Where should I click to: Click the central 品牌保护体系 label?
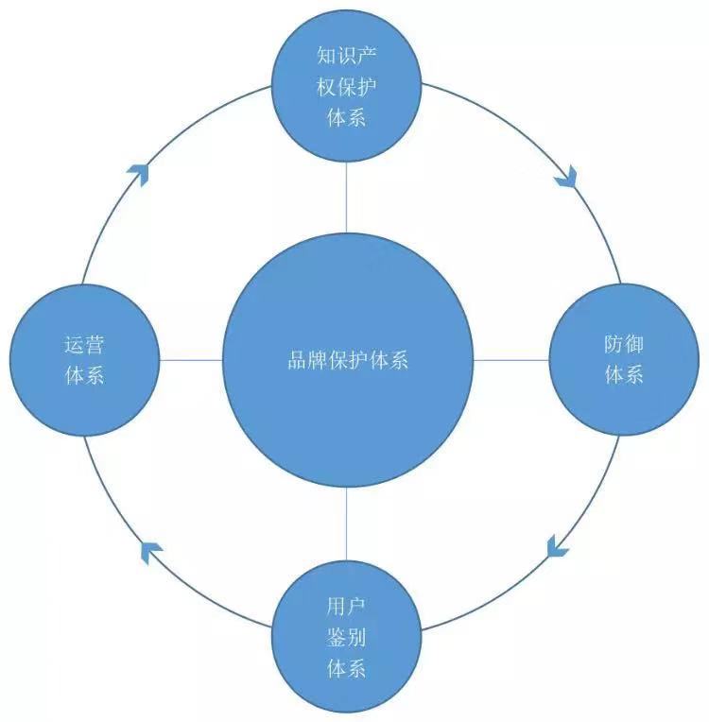347,360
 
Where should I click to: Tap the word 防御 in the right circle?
623,344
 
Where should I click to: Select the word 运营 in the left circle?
83,344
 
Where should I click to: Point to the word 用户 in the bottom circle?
346,605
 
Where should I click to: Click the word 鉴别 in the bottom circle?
346,637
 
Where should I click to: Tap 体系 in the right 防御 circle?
623,375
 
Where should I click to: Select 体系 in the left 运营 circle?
83,375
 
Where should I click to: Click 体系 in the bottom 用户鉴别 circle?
346,669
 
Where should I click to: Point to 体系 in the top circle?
346,118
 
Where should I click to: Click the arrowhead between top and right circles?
567,178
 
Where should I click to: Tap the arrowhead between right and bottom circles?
558,545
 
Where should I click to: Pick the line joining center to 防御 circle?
510,360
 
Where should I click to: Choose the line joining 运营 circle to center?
190,360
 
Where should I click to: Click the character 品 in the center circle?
296,360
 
